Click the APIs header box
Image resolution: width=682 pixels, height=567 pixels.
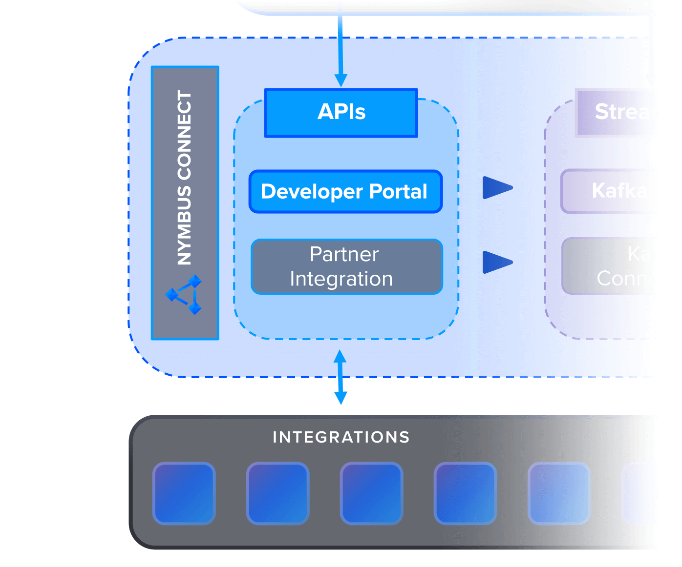tap(341, 113)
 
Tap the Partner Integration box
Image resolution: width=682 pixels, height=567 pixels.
tap(346, 266)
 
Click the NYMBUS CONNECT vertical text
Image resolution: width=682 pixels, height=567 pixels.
tap(185, 178)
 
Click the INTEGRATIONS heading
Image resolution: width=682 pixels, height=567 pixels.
tap(341, 437)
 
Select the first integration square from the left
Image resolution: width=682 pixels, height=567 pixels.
tap(184, 493)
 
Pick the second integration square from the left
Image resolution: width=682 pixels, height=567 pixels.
tap(278, 493)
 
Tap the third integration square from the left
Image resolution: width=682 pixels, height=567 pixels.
tap(372, 493)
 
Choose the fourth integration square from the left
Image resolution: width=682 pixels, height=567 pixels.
tap(466, 493)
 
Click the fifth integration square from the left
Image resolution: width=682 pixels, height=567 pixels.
tap(559, 493)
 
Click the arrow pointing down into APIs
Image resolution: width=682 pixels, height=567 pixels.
tap(341, 78)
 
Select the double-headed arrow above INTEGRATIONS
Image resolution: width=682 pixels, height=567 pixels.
tap(341, 377)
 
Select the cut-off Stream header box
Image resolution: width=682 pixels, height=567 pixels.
tap(616, 113)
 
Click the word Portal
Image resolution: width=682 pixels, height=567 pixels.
tap(398, 191)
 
